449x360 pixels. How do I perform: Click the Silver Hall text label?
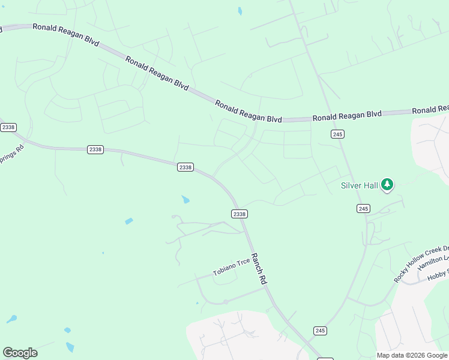point(360,185)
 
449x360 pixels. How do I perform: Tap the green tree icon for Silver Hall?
point(387,185)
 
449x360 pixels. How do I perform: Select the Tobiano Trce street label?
point(232,268)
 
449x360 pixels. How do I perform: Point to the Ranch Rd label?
point(259,268)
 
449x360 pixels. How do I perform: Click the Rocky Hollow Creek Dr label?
point(421,264)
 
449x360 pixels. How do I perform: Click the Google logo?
point(20,352)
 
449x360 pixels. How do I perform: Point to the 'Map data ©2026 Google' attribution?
point(412,355)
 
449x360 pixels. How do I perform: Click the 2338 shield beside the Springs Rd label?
point(8,127)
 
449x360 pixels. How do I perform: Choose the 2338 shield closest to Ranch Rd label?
point(240,214)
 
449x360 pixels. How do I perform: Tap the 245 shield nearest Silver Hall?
point(363,208)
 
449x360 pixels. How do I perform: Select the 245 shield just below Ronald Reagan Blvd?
point(337,134)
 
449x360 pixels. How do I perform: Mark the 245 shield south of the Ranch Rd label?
point(320,331)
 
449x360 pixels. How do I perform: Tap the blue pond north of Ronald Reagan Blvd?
point(240,11)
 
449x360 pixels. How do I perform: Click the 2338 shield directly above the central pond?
point(185,167)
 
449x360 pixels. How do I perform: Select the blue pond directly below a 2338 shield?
point(185,199)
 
